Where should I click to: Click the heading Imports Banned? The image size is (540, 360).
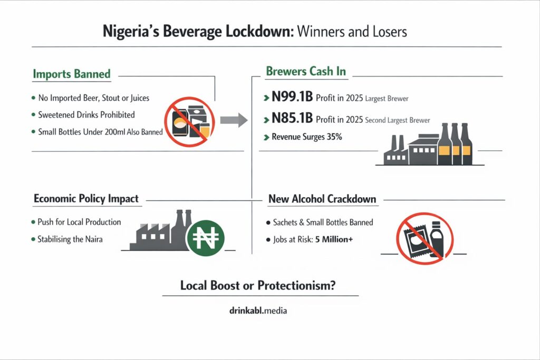(72, 74)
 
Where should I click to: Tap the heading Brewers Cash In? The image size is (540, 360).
(306, 72)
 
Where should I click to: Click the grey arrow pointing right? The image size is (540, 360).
(233, 120)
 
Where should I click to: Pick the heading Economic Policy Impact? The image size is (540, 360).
(86, 199)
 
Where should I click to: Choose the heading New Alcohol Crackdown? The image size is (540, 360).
(322, 199)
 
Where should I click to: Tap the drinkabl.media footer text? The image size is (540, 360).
(255, 311)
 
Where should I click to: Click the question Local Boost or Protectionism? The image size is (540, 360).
(259, 286)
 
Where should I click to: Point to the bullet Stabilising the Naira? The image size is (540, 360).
(70, 239)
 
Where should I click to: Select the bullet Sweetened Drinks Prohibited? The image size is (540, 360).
(86, 114)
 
